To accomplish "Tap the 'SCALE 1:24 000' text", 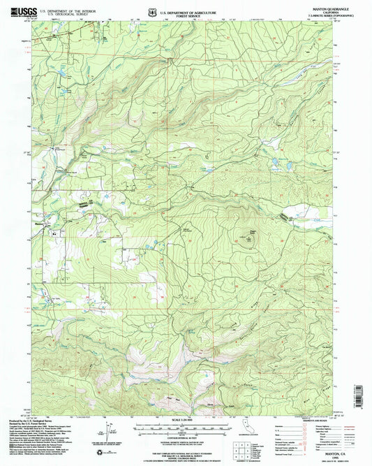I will tap(181, 420).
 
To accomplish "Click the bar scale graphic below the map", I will tap(181, 428).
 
